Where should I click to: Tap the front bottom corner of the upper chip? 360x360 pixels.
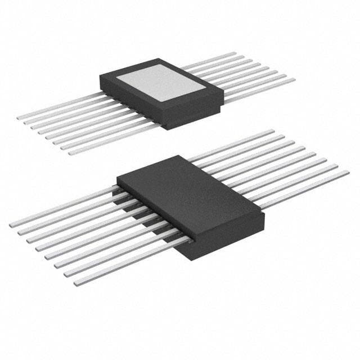[168, 128]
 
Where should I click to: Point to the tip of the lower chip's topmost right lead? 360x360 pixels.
[273, 131]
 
